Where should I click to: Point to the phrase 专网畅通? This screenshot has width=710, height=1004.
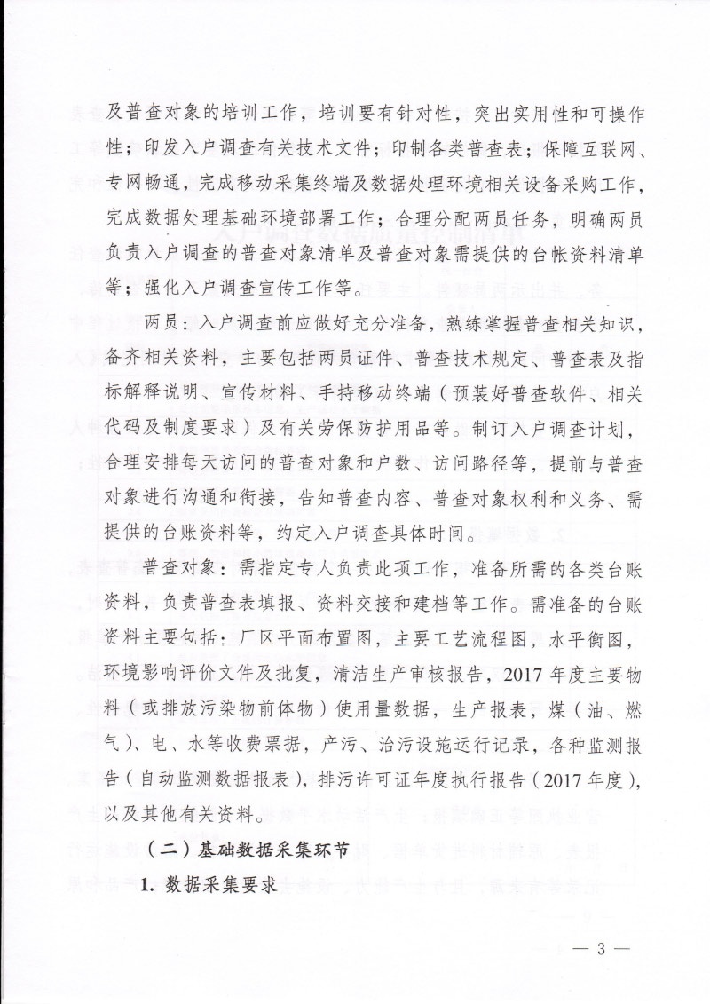(117, 182)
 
